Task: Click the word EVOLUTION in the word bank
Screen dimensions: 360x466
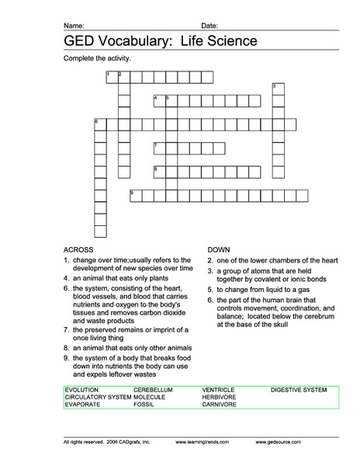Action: (x=82, y=388)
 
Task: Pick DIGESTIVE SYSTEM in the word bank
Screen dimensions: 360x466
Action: (x=299, y=388)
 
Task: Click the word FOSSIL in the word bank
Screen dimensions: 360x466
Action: (x=144, y=404)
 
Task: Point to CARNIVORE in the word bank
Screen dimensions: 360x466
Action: (x=219, y=404)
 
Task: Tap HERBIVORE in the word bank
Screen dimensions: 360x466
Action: (x=219, y=396)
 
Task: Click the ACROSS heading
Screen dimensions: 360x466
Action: (x=78, y=249)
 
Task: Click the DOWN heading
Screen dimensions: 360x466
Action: (x=217, y=249)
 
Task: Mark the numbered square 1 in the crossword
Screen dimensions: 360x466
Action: (x=111, y=75)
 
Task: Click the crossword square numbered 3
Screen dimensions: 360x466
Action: (x=277, y=88)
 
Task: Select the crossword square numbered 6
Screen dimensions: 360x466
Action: (x=99, y=123)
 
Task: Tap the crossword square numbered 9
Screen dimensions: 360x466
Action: (x=134, y=194)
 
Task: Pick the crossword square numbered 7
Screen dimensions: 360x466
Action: (x=158, y=147)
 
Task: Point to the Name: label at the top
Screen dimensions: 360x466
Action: (x=74, y=25)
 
